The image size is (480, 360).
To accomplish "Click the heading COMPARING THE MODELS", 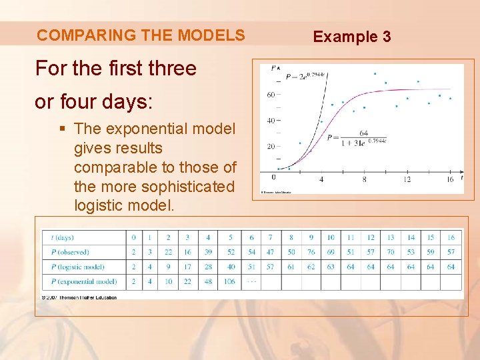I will pos(141,35).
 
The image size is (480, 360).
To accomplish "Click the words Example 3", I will pos(352,37).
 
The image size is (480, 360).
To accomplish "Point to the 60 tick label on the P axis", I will pos(271,95).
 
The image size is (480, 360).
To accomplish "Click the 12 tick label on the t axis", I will pos(407,179).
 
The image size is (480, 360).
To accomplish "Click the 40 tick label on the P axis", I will pos(271,121).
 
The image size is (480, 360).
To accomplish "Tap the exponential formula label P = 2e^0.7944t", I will pos(305,75).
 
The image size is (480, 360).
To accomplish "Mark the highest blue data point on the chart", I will pos(375,73).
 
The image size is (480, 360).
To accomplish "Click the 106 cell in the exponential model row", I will pos(230,281).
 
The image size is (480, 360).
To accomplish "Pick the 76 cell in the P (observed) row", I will pos(311,252).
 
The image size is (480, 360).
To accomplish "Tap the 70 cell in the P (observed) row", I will pos(391,252).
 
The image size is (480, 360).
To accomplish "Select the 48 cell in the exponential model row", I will pos(208,281).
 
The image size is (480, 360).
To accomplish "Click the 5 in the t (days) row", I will pos(230,237).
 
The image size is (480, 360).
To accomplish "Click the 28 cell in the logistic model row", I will pos(208,267).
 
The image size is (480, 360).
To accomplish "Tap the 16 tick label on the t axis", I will pos(450,179).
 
